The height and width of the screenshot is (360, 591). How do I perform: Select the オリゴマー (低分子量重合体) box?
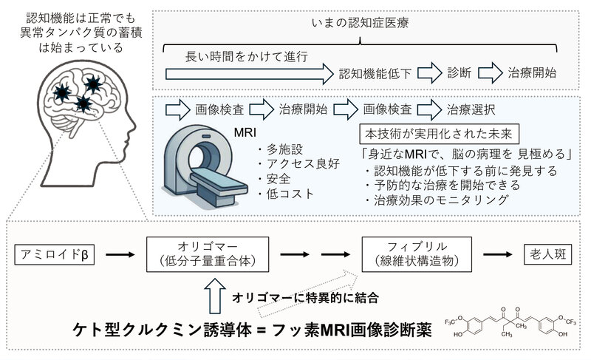(x=203, y=256)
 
